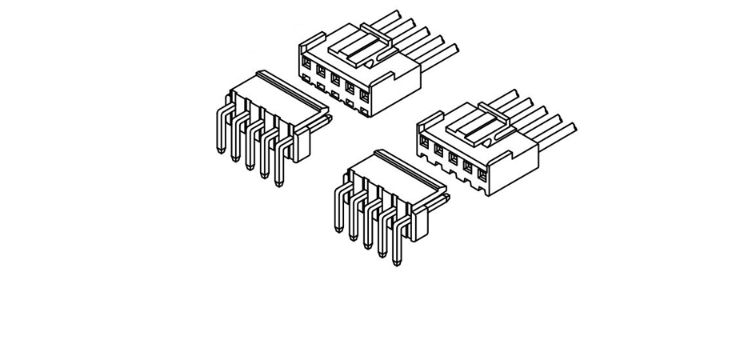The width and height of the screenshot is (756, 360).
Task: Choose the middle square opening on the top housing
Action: coord(335,78)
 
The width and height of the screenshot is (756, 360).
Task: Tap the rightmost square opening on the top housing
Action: coord(364,94)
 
